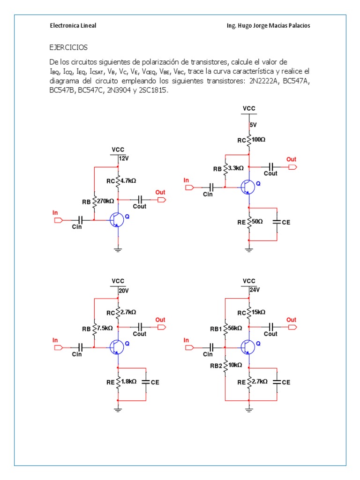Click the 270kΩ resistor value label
[x=105, y=201]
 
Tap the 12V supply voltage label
[x=123, y=158]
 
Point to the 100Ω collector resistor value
[x=258, y=139]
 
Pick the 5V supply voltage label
[x=253, y=125]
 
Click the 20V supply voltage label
[x=123, y=291]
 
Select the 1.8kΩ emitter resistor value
[x=128, y=382]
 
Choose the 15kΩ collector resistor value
[x=258, y=312]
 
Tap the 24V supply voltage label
[x=254, y=290]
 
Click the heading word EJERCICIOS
[x=68, y=47]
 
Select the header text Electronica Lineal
[x=73, y=25]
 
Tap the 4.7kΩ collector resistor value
[x=128, y=180]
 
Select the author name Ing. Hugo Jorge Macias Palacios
[x=268, y=25]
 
